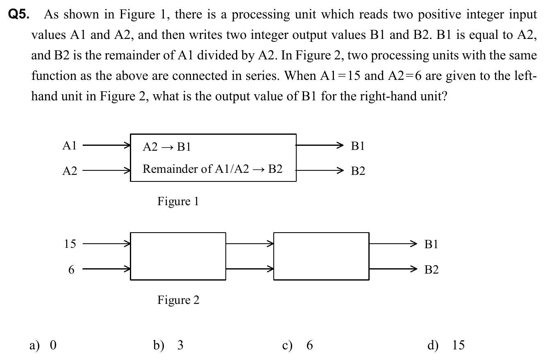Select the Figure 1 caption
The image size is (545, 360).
coord(178,202)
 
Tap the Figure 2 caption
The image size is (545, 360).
coord(178,300)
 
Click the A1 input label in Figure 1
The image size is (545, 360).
coord(70,145)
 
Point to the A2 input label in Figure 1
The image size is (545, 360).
coord(70,171)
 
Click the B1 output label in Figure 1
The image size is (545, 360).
coord(358,146)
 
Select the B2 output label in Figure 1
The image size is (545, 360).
coord(358,171)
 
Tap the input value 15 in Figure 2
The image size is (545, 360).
coord(70,244)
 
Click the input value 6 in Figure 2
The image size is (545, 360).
coord(72,270)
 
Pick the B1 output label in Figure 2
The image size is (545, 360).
coord(431,245)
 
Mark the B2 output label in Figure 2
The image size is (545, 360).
coord(431,270)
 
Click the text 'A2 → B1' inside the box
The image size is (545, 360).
coord(167,147)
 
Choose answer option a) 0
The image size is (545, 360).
coord(43,346)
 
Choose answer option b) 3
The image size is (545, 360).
coord(168,346)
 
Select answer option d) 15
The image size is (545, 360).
coord(446,346)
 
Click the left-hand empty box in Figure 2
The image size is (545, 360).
coord(178,256)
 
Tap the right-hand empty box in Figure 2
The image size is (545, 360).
coord(321,256)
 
